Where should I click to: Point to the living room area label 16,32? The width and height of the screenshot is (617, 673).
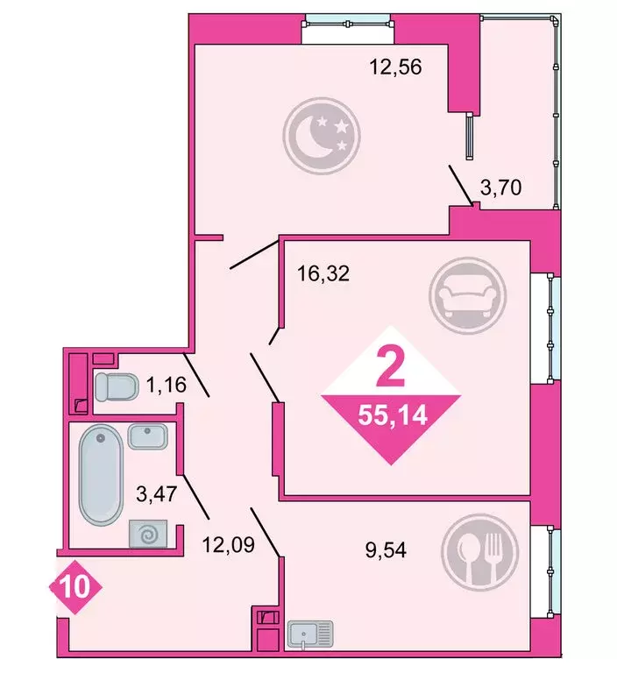click(x=323, y=273)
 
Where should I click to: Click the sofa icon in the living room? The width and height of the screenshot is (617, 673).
click(x=467, y=296)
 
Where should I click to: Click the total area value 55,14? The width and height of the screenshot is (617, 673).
click(x=392, y=414)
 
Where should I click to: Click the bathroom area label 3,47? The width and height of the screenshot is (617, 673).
click(x=157, y=492)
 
